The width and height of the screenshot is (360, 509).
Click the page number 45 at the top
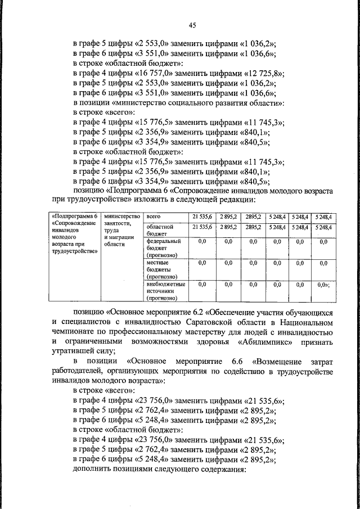(x=192, y=25)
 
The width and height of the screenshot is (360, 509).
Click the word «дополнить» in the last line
(x=93, y=471)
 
